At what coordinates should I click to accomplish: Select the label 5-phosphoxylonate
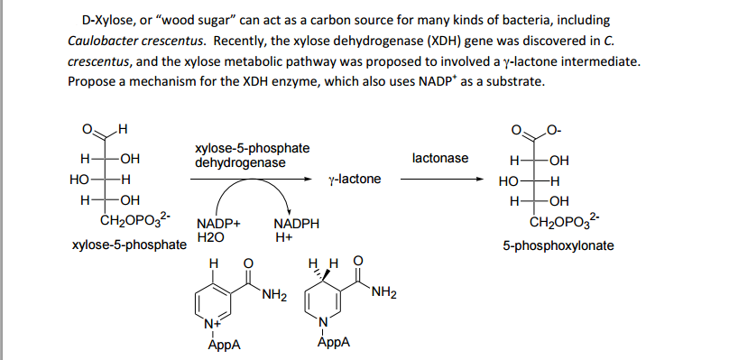pyautogui.click(x=558, y=245)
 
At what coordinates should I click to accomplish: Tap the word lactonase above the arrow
pyautogui.click(x=439, y=158)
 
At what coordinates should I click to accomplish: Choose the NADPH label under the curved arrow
pyautogui.click(x=292, y=224)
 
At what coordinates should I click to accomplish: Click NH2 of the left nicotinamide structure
pyautogui.click(x=272, y=294)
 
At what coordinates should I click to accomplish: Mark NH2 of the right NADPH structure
pyautogui.click(x=383, y=291)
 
